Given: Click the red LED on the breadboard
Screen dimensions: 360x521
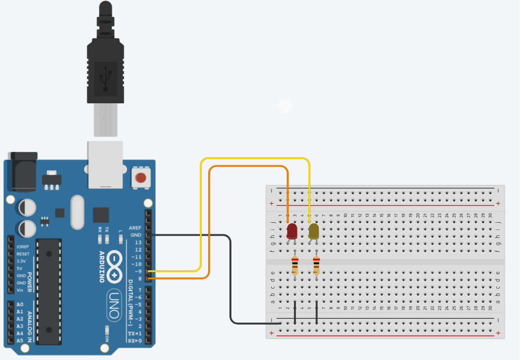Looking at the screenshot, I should point(292,230).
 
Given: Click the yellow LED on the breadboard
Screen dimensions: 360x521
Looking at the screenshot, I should point(313,230).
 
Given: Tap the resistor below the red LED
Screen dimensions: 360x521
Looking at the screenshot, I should point(295,265).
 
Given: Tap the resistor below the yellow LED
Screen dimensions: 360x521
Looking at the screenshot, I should point(316,265).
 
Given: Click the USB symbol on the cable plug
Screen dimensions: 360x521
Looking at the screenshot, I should point(106,78).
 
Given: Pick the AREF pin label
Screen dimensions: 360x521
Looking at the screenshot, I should point(135,228).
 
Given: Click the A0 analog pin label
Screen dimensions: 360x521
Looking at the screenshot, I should point(19,304).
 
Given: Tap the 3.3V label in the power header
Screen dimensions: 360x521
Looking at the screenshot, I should point(21,261).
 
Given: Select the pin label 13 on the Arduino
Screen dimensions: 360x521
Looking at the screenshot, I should point(138,242).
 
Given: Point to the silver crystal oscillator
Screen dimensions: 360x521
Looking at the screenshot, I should point(77,212).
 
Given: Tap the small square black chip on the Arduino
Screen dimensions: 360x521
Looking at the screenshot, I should point(101,215).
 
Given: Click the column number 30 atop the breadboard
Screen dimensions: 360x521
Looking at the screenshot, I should point(490,215).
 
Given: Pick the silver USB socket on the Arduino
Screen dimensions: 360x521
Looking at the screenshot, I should point(104,164).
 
